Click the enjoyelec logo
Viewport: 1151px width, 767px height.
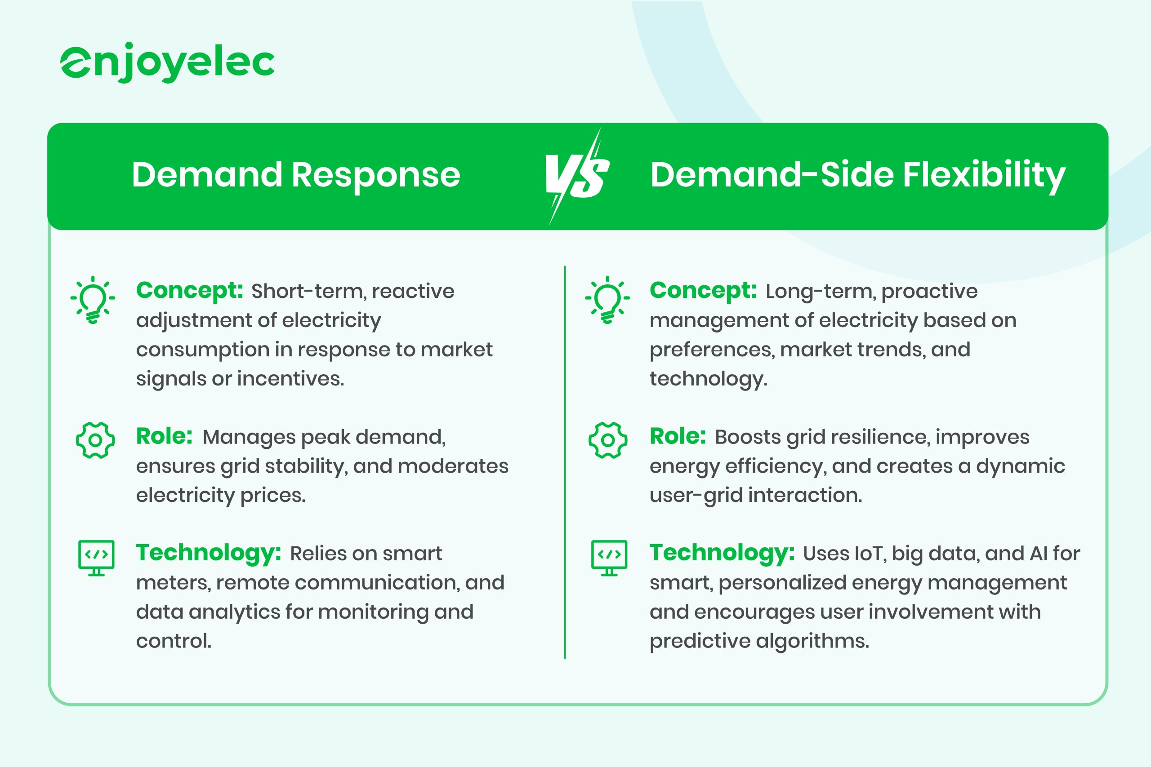(167, 62)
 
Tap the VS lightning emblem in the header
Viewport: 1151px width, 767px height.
(577, 176)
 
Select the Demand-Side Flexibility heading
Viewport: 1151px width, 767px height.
(857, 175)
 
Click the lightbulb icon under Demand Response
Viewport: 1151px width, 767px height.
(93, 299)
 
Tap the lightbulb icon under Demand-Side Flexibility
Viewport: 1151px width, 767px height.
(607, 299)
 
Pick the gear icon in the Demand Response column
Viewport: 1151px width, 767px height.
(95, 440)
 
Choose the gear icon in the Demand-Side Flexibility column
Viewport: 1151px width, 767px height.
(608, 440)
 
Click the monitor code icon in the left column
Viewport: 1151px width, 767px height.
(96, 558)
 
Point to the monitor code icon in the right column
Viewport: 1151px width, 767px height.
(609, 558)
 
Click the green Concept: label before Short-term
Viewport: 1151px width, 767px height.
(189, 291)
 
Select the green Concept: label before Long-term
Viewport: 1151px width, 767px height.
(703, 291)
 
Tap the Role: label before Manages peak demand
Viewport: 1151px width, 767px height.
(165, 436)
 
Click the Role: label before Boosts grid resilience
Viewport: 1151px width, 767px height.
(678, 436)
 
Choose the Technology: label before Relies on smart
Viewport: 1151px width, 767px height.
(209, 553)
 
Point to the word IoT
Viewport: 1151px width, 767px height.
(869, 554)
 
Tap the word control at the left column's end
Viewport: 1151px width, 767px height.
(174, 641)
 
